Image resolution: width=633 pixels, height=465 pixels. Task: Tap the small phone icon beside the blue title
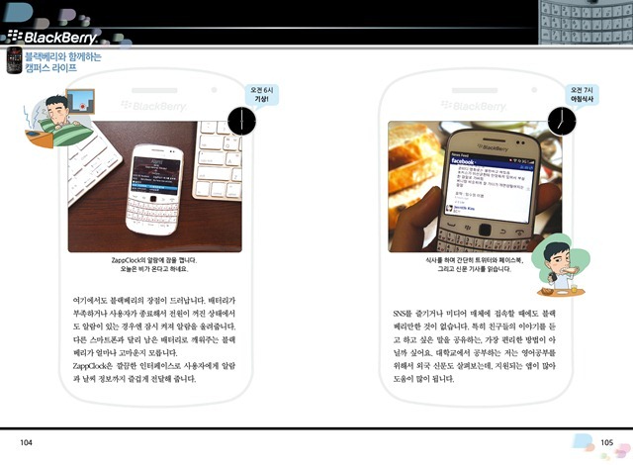click(x=13, y=63)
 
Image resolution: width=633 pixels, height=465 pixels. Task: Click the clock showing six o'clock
click(x=241, y=121)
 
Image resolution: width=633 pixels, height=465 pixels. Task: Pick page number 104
click(x=27, y=442)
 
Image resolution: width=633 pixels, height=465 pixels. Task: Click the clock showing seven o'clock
click(x=562, y=121)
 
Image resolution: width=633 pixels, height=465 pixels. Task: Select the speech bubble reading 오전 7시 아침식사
click(x=582, y=95)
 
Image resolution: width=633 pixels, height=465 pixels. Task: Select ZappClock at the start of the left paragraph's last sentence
click(x=91, y=367)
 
